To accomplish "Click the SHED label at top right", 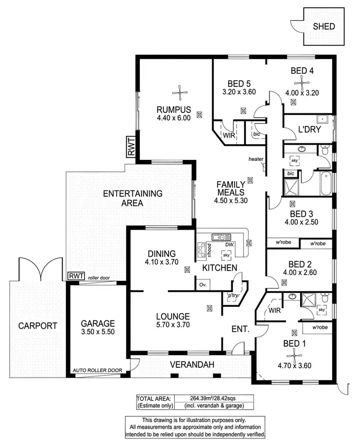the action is coord(324,26).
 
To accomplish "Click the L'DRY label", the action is coord(309,130).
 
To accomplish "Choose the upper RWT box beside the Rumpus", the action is coord(132,146).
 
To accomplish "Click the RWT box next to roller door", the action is coord(76,276).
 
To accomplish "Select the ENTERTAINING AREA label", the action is coord(132,198).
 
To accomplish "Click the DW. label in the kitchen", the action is coord(230,244).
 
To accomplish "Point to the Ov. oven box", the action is coord(202,285).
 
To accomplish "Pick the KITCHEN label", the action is coord(220,267).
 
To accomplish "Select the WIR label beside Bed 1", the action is coord(275,310).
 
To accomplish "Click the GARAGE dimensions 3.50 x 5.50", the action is coord(98,332).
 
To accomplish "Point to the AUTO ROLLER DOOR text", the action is coord(97,370).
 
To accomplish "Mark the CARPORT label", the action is coord(38,326).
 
